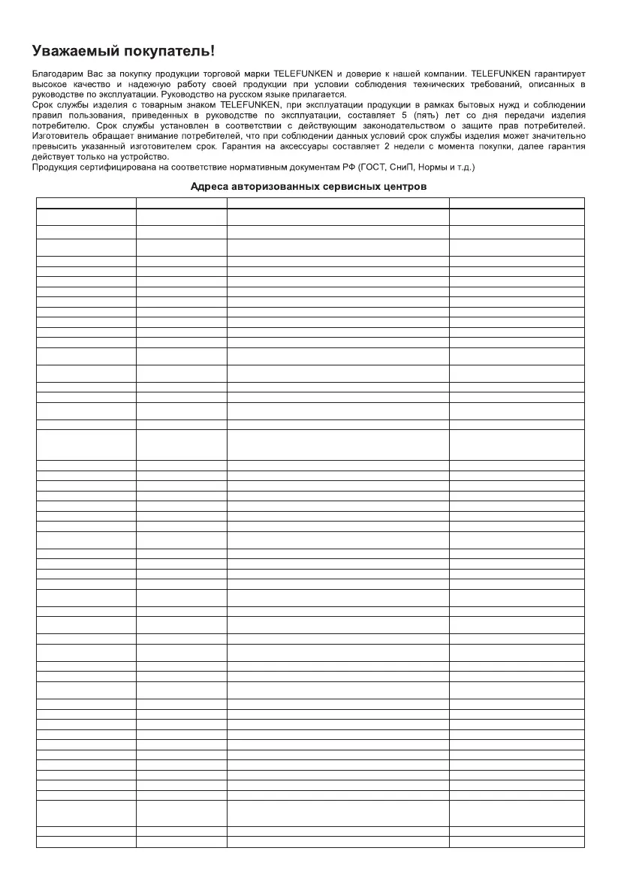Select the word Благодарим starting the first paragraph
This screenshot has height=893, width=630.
pos(57,74)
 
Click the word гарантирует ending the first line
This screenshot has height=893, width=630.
pos(559,74)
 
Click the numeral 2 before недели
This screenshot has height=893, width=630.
pos(398,147)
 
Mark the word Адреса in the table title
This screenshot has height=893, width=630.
pos(207,187)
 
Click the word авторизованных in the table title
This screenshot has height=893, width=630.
pos(272,187)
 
